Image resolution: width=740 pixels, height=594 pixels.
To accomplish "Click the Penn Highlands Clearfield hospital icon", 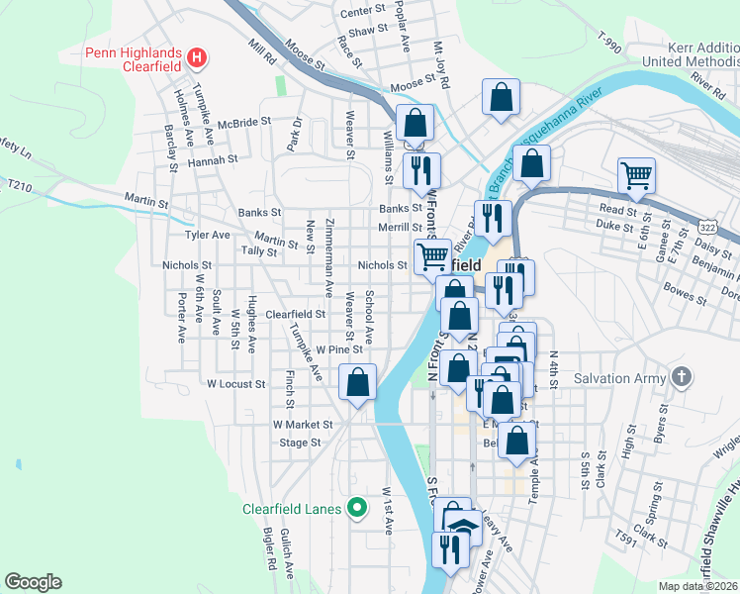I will coord(197,58).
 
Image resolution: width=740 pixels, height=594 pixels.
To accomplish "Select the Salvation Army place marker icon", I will coord(682,377).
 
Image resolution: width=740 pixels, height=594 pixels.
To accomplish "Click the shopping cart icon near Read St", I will coord(636,175).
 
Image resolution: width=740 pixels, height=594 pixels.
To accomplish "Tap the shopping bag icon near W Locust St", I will coord(357,381).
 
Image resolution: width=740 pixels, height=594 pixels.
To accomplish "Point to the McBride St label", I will coord(244,123).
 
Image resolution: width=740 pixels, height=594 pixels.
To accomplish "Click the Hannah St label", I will coord(213,158).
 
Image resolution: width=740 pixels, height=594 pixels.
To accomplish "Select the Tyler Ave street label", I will coord(207,236).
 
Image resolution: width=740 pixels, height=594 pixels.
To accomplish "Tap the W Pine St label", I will coord(339,349).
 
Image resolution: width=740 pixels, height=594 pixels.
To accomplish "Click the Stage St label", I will coord(301,443).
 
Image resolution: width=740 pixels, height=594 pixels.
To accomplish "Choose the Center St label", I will coord(362,12).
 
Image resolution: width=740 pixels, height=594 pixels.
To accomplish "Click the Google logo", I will coord(33,582).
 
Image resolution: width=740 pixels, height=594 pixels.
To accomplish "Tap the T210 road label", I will coord(19,185).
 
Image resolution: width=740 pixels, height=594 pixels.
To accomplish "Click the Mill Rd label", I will coord(262,52).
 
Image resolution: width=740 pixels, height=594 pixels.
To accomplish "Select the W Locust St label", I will coord(235,383).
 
